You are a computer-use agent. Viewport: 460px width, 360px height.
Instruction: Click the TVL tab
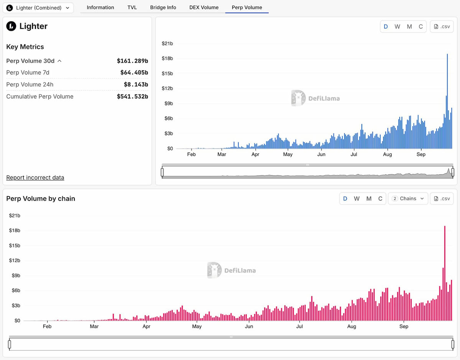[x=132, y=7]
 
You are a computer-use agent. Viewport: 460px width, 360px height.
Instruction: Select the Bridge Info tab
[x=163, y=7]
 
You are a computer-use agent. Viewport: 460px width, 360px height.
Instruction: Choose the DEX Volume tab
[x=204, y=7]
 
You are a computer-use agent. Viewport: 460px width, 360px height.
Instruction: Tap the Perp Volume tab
[x=247, y=7]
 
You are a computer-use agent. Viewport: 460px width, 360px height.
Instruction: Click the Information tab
[x=100, y=7]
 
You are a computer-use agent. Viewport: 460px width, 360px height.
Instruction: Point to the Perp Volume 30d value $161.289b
[x=132, y=61]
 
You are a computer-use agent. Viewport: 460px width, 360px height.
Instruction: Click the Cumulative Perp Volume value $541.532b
[x=132, y=97]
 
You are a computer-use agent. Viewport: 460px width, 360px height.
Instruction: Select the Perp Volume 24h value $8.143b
[x=136, y=85]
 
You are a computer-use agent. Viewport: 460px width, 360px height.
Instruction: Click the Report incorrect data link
[x=35, y=178]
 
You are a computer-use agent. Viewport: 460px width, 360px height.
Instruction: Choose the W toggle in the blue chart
[x=397, y=26]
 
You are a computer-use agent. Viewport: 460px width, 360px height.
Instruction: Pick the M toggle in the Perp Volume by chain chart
[x=369, y=198]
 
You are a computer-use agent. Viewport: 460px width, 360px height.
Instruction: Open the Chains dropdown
[x=408, y=198]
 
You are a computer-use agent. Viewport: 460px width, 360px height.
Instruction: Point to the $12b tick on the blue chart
[x=167, y=88]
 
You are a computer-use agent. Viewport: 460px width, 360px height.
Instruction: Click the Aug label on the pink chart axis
[x=352, y=327]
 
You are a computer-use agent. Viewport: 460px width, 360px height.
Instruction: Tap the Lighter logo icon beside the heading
[x=11, y=26]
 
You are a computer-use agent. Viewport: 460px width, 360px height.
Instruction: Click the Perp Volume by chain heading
[x=41, y=198]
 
